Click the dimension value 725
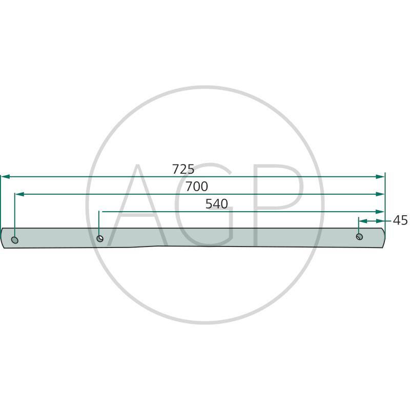tap(183, 169)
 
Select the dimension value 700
tap(197, 187)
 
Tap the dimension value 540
tap(216, 203)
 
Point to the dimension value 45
tap(400, 220)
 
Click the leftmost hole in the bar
tap(15, 240)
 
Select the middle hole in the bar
tap(100, 238)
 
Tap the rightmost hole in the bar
tap(360, 237)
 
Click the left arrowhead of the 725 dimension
tap(6, 177)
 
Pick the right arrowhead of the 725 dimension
tap(380, 177)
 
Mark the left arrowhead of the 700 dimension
tap(19, 194)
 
